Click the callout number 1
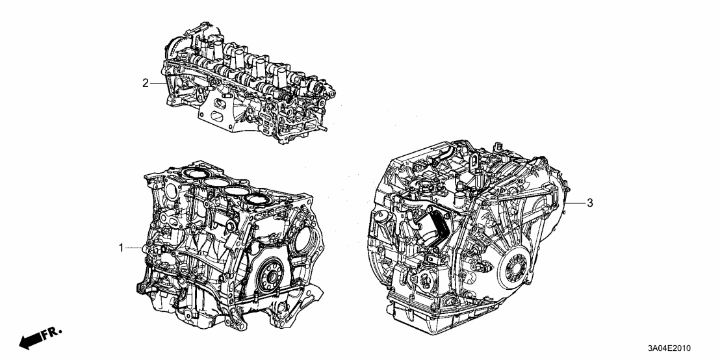coord(121,248)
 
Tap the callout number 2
coord(146,83)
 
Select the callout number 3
coord(589,203)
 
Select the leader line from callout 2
coord(160,83)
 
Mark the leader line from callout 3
coord(576,203)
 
